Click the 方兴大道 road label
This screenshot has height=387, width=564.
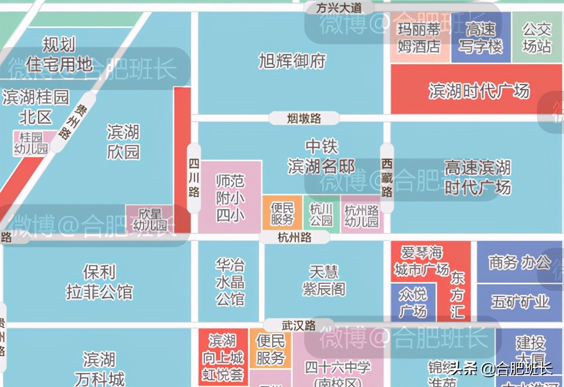coord(339,8)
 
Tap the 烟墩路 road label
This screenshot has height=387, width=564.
coord(304,118)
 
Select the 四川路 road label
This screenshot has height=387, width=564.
coord(194,178)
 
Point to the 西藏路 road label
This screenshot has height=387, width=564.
coord(387,178)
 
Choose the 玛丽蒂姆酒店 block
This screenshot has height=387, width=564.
coord(419,38)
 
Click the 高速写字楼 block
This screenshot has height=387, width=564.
coord(481,38)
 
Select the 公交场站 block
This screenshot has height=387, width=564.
coord(537,38)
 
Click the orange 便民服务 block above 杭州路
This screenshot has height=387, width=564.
coord(282,214)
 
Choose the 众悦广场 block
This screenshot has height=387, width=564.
coord(413,302)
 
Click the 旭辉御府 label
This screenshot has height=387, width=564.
coord(292,62)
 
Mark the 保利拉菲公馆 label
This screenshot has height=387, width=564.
coord(99,282)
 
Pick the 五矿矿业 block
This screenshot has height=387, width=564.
coord(520,302)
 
